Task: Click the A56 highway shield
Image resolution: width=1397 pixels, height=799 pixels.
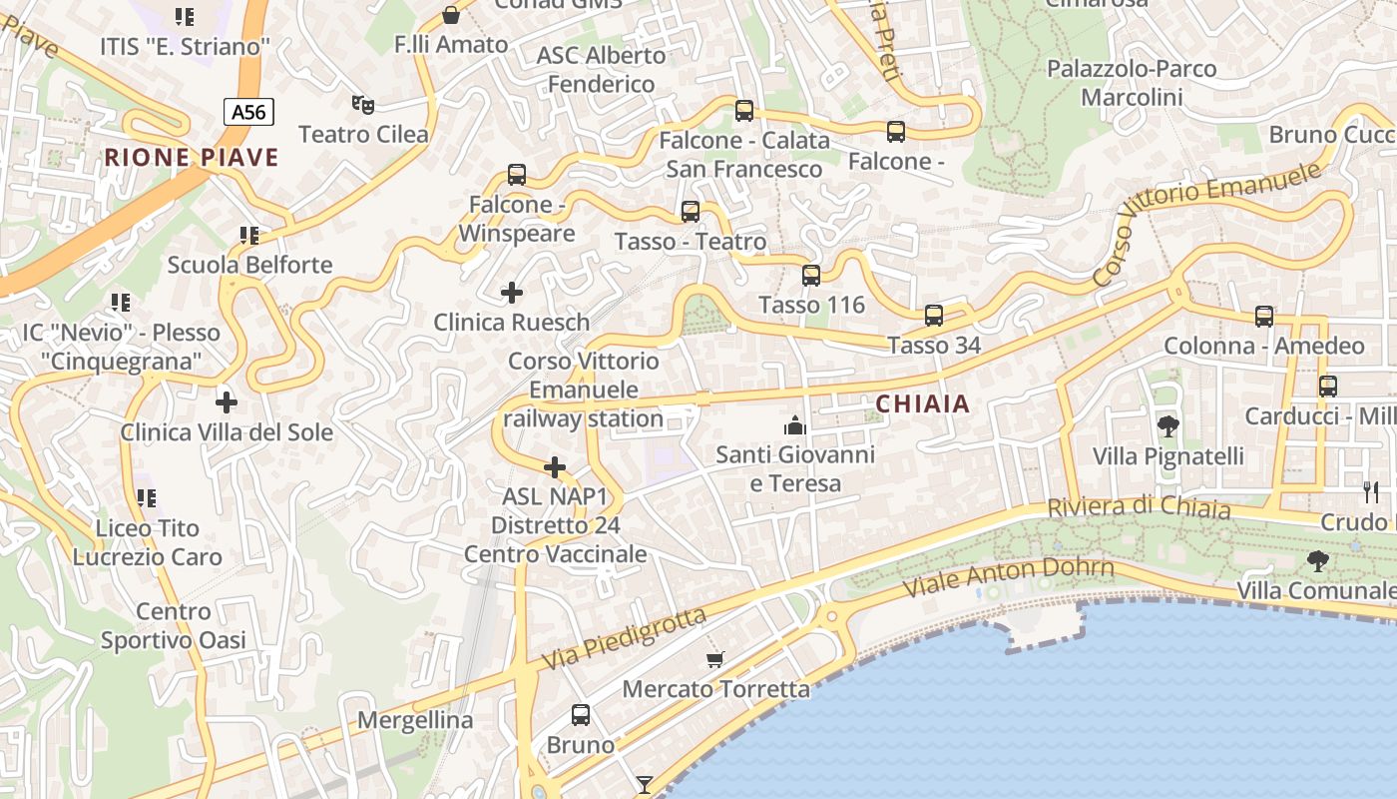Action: [248, 112]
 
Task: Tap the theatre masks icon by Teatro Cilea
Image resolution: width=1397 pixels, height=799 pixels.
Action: [363, 104]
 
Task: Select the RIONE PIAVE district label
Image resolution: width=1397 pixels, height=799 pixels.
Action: [192, 157]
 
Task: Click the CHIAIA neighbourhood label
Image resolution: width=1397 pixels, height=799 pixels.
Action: [922, 403]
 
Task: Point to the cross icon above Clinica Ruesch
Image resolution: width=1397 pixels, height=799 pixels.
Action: [512, 293]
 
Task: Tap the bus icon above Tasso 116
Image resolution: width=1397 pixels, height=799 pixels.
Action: [811, 276]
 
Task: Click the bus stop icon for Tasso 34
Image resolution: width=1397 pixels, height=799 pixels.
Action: [934, 316]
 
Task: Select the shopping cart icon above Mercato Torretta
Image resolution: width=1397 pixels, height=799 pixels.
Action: [714, 659]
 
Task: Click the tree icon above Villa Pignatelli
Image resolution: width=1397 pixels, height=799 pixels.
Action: [1167, 426]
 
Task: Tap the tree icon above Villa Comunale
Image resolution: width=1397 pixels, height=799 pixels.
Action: [1318, 561]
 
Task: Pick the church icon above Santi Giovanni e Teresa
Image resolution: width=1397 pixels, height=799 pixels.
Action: [794, 425]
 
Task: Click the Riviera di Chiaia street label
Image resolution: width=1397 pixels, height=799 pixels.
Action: [1138, 507]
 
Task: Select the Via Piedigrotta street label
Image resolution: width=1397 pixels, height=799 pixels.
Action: [624, 639]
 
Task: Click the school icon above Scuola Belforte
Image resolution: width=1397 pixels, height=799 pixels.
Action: [249, 236]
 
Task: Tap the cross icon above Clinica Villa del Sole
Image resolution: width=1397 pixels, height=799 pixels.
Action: [227, 402]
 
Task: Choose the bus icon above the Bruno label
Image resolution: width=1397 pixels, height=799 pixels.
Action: [581, 715]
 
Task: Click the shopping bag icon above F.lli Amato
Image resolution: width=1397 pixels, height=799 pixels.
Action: [451, 15]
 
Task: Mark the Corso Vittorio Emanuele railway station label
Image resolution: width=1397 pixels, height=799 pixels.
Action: [584, 390]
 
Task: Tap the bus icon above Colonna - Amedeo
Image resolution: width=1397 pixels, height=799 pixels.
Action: [1264, 317]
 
